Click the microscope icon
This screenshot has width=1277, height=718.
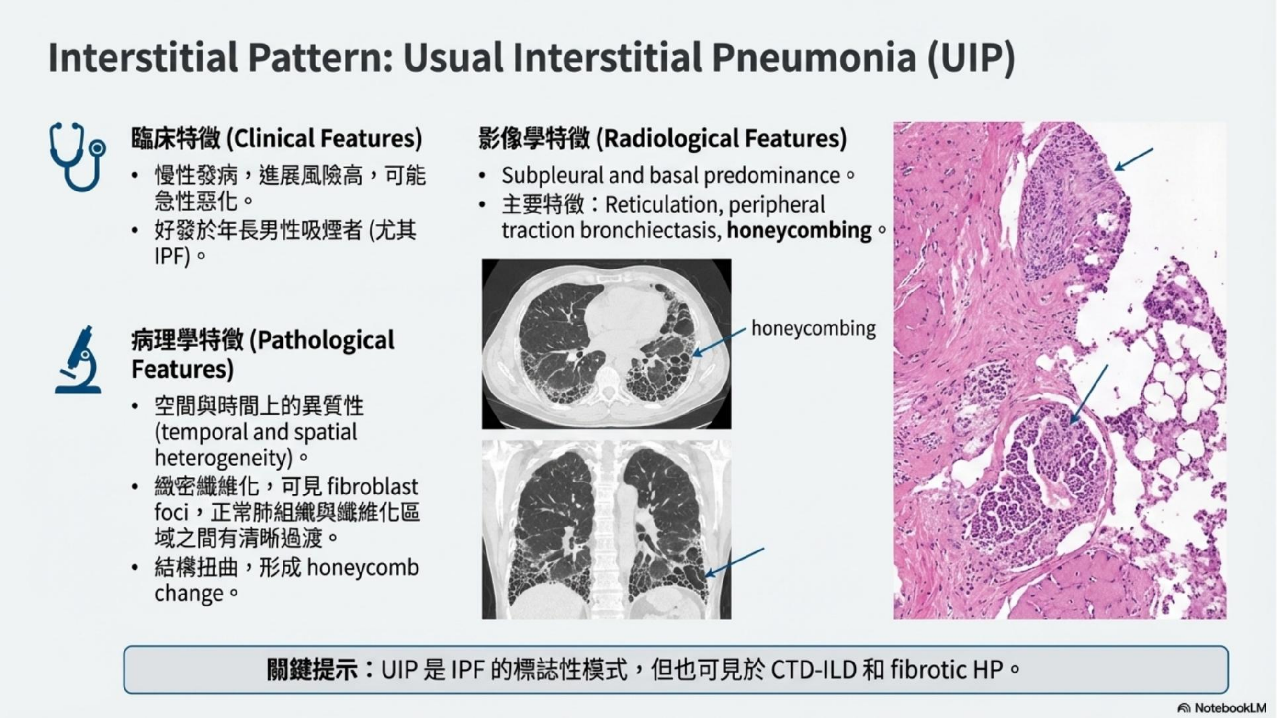pyautogui.click(x=79, y=360)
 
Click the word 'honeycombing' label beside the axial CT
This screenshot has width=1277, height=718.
pyautogui.click(x=814, y=328)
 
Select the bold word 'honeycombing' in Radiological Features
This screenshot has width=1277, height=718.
pyautogui.click(x=799, y=230)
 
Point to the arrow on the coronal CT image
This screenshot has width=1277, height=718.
pyautogui.click(x=734, y=562)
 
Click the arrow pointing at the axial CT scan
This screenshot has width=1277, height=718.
pyautogui.click(x=719, y=342)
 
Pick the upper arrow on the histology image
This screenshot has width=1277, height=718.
pyautogui.click(x=1134, y=159)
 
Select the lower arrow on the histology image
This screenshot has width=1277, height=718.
pyautogui.click(x=1089, y=394)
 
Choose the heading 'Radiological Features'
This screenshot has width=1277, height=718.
pyautogui.click(x=721, y=138)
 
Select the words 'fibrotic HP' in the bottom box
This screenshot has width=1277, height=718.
pyautogui.click(x=946, y=670)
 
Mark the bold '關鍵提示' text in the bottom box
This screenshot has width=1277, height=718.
pyautogui.click(x=312, y=670)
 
